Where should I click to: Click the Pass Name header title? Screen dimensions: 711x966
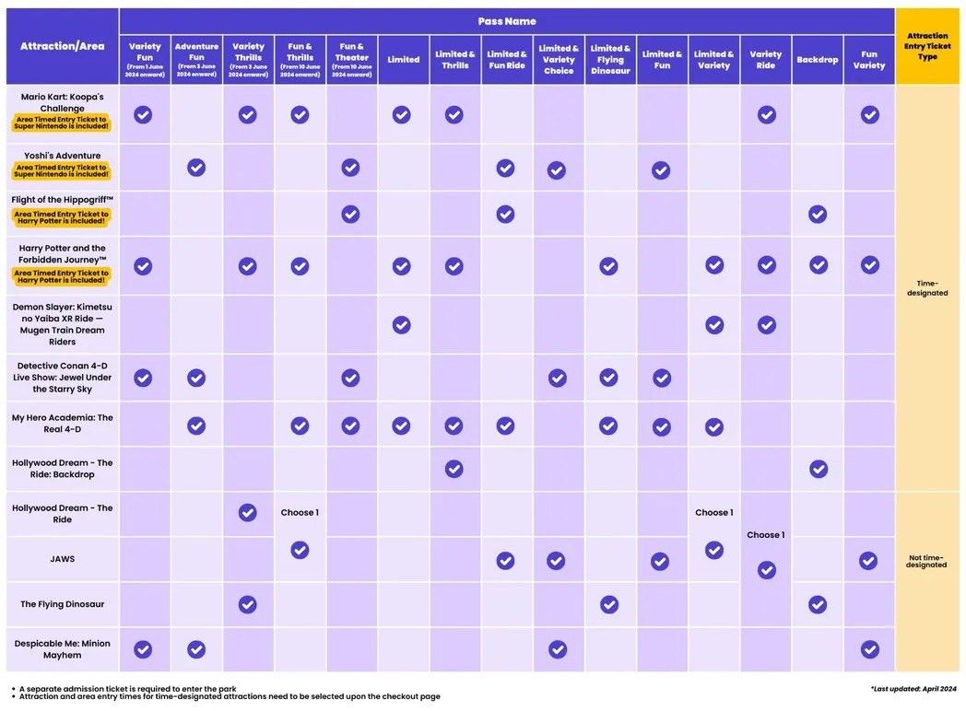[x=506, y=21]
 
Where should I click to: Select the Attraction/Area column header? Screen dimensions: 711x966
[x=63, y=46]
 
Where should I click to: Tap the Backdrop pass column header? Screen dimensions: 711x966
[x=817, y=60]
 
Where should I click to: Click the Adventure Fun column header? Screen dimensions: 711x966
[x=196, y=59]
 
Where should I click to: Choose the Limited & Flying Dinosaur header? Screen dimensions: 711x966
[x=610, y=60]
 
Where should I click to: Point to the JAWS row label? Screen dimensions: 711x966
[x=63, y=558]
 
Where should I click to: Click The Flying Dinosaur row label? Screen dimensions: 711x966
[x=63, y=604]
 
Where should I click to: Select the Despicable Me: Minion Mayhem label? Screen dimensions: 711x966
[x=63, y=648]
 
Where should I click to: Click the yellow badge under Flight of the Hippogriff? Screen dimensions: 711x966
[x=61, y=218]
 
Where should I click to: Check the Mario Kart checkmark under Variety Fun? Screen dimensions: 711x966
[x=143, y=114]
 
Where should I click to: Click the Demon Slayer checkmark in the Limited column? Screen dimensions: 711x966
[x=401, y=324]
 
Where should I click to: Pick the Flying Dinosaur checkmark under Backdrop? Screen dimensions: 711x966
[x=818, y=604]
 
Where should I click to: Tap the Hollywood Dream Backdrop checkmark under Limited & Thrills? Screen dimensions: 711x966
[x=454, y=468]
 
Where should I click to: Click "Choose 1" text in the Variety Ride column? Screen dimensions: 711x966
[x=766, y=535]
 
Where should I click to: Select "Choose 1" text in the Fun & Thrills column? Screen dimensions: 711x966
[x=300, y=512]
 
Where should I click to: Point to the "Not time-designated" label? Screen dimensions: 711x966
[x=926, y=561]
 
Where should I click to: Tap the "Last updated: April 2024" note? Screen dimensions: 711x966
[x=913, y=689]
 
